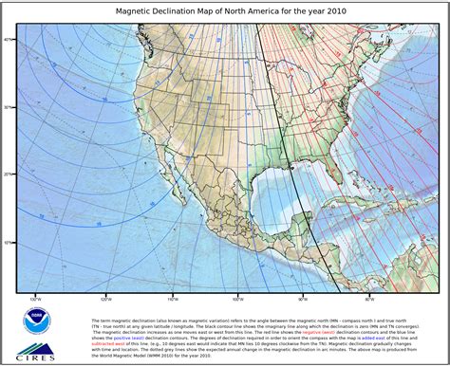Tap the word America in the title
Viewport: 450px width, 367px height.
[x=269, y=12]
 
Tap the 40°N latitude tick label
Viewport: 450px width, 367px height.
[x=9, y=40]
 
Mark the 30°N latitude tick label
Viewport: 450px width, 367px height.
[x=9, y=107]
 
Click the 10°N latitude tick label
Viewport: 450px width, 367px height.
[x=9, y=242]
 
